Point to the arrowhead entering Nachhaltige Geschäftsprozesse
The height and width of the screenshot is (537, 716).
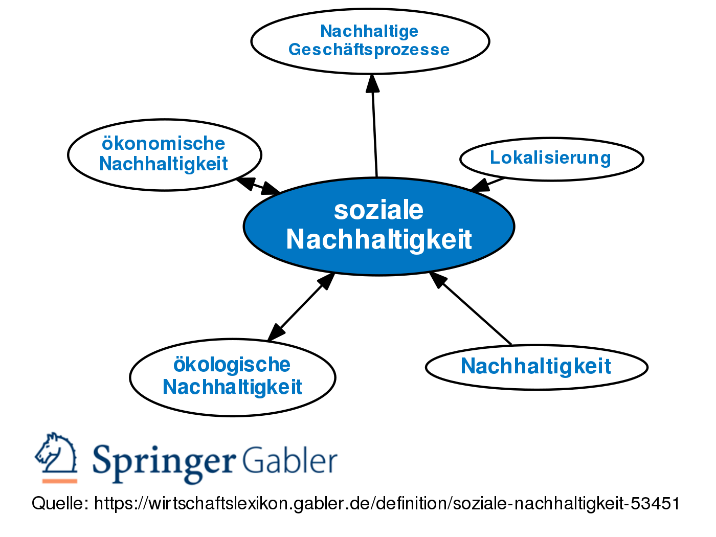coord(372,83)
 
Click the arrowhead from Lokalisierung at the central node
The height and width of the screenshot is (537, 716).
coord(480,186)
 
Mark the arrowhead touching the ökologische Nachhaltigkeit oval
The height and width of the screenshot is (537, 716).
coord(276,332)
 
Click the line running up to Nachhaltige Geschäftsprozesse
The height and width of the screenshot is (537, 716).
coord(375,133)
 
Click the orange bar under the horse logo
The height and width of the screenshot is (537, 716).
coord(59,481)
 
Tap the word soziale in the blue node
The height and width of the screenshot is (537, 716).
coord(378,210)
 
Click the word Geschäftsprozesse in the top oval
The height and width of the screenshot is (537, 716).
coord(369,50)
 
